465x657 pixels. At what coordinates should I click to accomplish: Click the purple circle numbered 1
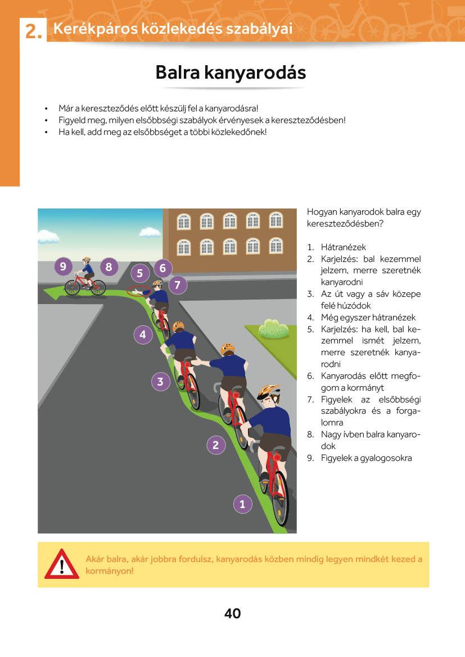(242, 504)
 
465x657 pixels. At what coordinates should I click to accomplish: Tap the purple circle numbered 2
(215, 445)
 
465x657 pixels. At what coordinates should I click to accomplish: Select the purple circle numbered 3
(160, 382)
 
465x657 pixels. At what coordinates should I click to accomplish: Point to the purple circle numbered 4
(143, 335)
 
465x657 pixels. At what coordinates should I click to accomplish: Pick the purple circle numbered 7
(177, 285)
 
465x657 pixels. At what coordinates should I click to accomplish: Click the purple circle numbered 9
(64, 266)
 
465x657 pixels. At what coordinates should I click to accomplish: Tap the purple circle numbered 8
(109, 266)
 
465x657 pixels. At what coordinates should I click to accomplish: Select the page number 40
(232, 614)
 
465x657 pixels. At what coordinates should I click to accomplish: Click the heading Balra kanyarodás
(231, 73)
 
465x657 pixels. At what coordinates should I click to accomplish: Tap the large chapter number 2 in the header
(34, 33)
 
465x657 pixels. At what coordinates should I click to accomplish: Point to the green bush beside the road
(274, 329)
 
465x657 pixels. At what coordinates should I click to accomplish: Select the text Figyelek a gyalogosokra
(366, 457)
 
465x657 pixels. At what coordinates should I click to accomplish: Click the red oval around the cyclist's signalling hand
(136, 291)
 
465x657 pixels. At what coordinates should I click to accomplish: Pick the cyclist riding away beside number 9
(85, 278)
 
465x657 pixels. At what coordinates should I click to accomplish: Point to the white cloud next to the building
(150, 232)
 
